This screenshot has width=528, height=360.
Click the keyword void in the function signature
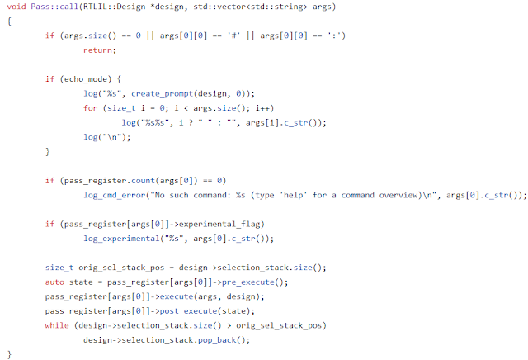click(x=16, y=7)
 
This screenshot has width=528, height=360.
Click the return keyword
click(x=99, y=50)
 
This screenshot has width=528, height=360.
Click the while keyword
click(x=59, y=324)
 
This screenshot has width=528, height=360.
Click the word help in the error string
click(x=313, y=195)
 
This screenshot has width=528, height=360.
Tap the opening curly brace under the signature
click(x=8, y=22)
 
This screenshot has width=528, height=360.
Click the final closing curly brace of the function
click(x=8, y=353)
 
